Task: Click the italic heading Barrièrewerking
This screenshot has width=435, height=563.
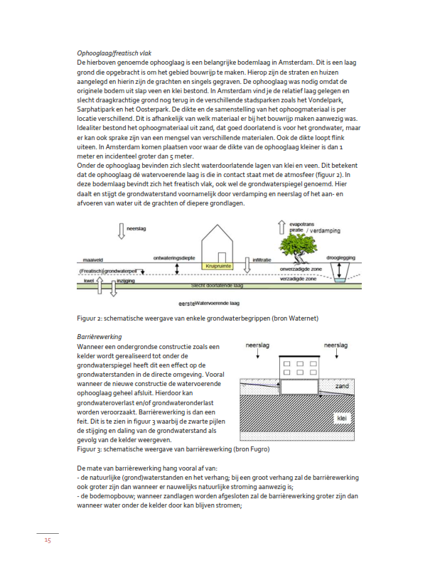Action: tap(97, 336)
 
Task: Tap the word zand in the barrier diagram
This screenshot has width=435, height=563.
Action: tap(343, 385)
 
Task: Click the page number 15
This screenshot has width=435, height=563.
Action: tap(47, 540)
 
